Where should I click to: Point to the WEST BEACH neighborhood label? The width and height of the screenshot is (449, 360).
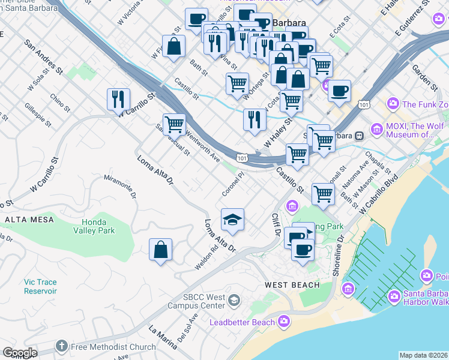point(293,284)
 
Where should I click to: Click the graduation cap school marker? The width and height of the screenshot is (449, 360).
point(232,220)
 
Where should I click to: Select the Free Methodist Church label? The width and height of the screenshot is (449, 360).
point(113,346)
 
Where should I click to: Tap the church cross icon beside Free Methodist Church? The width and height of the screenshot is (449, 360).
point(61,346)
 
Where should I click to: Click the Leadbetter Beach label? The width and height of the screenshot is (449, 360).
point(241,323)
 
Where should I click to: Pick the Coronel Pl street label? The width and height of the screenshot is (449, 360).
point(233,184)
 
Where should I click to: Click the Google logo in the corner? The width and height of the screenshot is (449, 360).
point(19,353)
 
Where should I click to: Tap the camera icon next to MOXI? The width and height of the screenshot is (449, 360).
point(376,128)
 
